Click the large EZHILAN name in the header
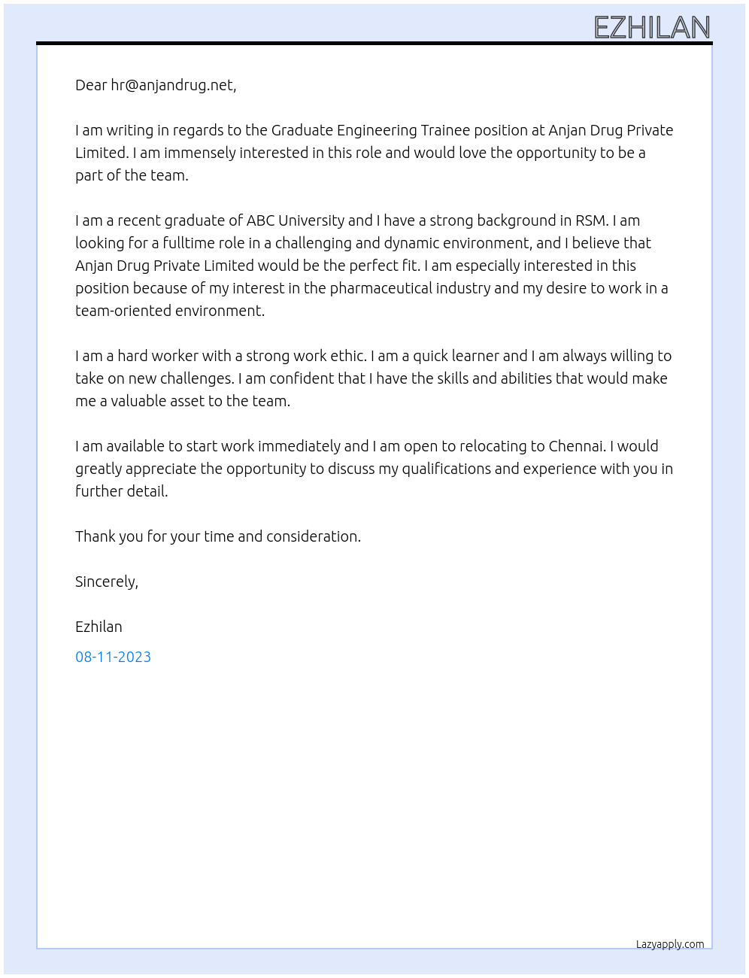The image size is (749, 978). (x=652, y=28)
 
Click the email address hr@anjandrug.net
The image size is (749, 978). (x=172, y=85)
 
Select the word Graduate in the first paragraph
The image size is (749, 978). (x=302, y=130)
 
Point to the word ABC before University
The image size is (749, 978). (x=260, y=220)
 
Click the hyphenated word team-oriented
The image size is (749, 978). (x=123, y=311)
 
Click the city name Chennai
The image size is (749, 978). (x=576, y=446)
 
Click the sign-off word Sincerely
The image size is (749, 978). (x=106, y=582)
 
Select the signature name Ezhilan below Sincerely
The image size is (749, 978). (x=99, y=627)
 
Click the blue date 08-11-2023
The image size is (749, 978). (x=113, y=657)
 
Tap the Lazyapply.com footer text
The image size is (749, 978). (x=670, y=944)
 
